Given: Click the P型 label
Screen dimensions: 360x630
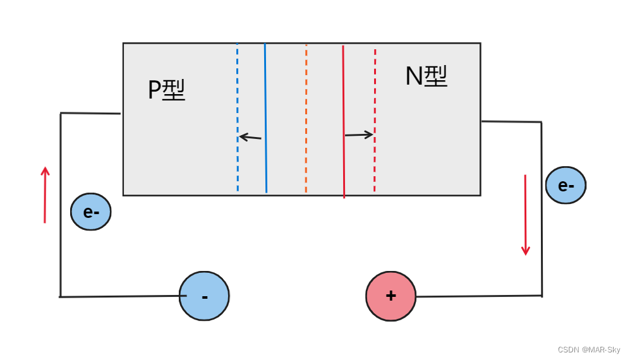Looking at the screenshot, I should click(x=166, y=91).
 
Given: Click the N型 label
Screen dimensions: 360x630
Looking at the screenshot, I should click(x=426, y=77).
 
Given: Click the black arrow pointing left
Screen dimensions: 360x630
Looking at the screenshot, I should click(x=250, y=137).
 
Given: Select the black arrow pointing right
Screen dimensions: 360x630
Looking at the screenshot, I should click(x=359, y=135).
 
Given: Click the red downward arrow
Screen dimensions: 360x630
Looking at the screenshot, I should click(x=525, y=215).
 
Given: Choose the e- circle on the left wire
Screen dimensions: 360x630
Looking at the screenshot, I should click(x=91, y=212).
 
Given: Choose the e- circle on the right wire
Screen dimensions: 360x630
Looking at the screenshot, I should click(x=566, y=185).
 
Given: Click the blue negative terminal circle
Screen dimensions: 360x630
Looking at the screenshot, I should click(x=204, y=296).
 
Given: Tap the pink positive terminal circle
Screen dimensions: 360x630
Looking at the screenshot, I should click(x=391, y=296).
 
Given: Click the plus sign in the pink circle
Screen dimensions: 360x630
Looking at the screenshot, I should click(x=391, y=296).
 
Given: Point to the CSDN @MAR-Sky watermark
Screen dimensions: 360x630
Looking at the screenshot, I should click(x=589, y=349).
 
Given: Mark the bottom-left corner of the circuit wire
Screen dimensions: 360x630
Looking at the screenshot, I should click(x=61, y=296).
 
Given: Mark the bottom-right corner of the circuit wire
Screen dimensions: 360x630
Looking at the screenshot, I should click(x=542, y=296).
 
